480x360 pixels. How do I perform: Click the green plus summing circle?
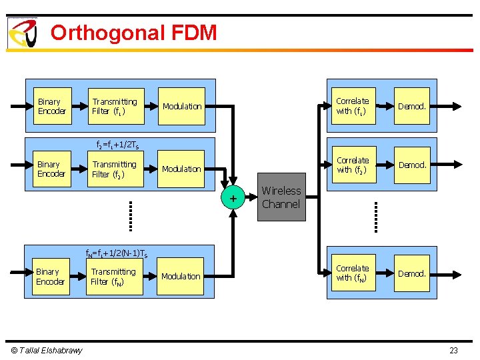pos(233,198)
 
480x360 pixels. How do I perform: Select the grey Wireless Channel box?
pos(281,197)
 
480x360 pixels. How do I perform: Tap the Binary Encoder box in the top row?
pos(51,107)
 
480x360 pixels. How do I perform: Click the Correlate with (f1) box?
pos(353,107)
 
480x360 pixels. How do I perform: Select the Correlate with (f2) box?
pos(353,165)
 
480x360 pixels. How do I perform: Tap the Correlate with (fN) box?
pos(352,273)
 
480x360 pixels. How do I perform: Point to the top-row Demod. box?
pos(411,107)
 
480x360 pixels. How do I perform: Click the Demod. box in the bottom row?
pos(411,273)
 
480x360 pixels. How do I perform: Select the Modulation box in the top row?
pos(182,107)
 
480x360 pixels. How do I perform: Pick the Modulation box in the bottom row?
pos(181,277)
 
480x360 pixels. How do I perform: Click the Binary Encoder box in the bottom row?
pos(50,277)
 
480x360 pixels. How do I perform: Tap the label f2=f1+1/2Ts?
pos(118,145)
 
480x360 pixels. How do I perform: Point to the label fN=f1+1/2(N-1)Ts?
pos(117,253)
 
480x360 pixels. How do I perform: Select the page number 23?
pos(453,351)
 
